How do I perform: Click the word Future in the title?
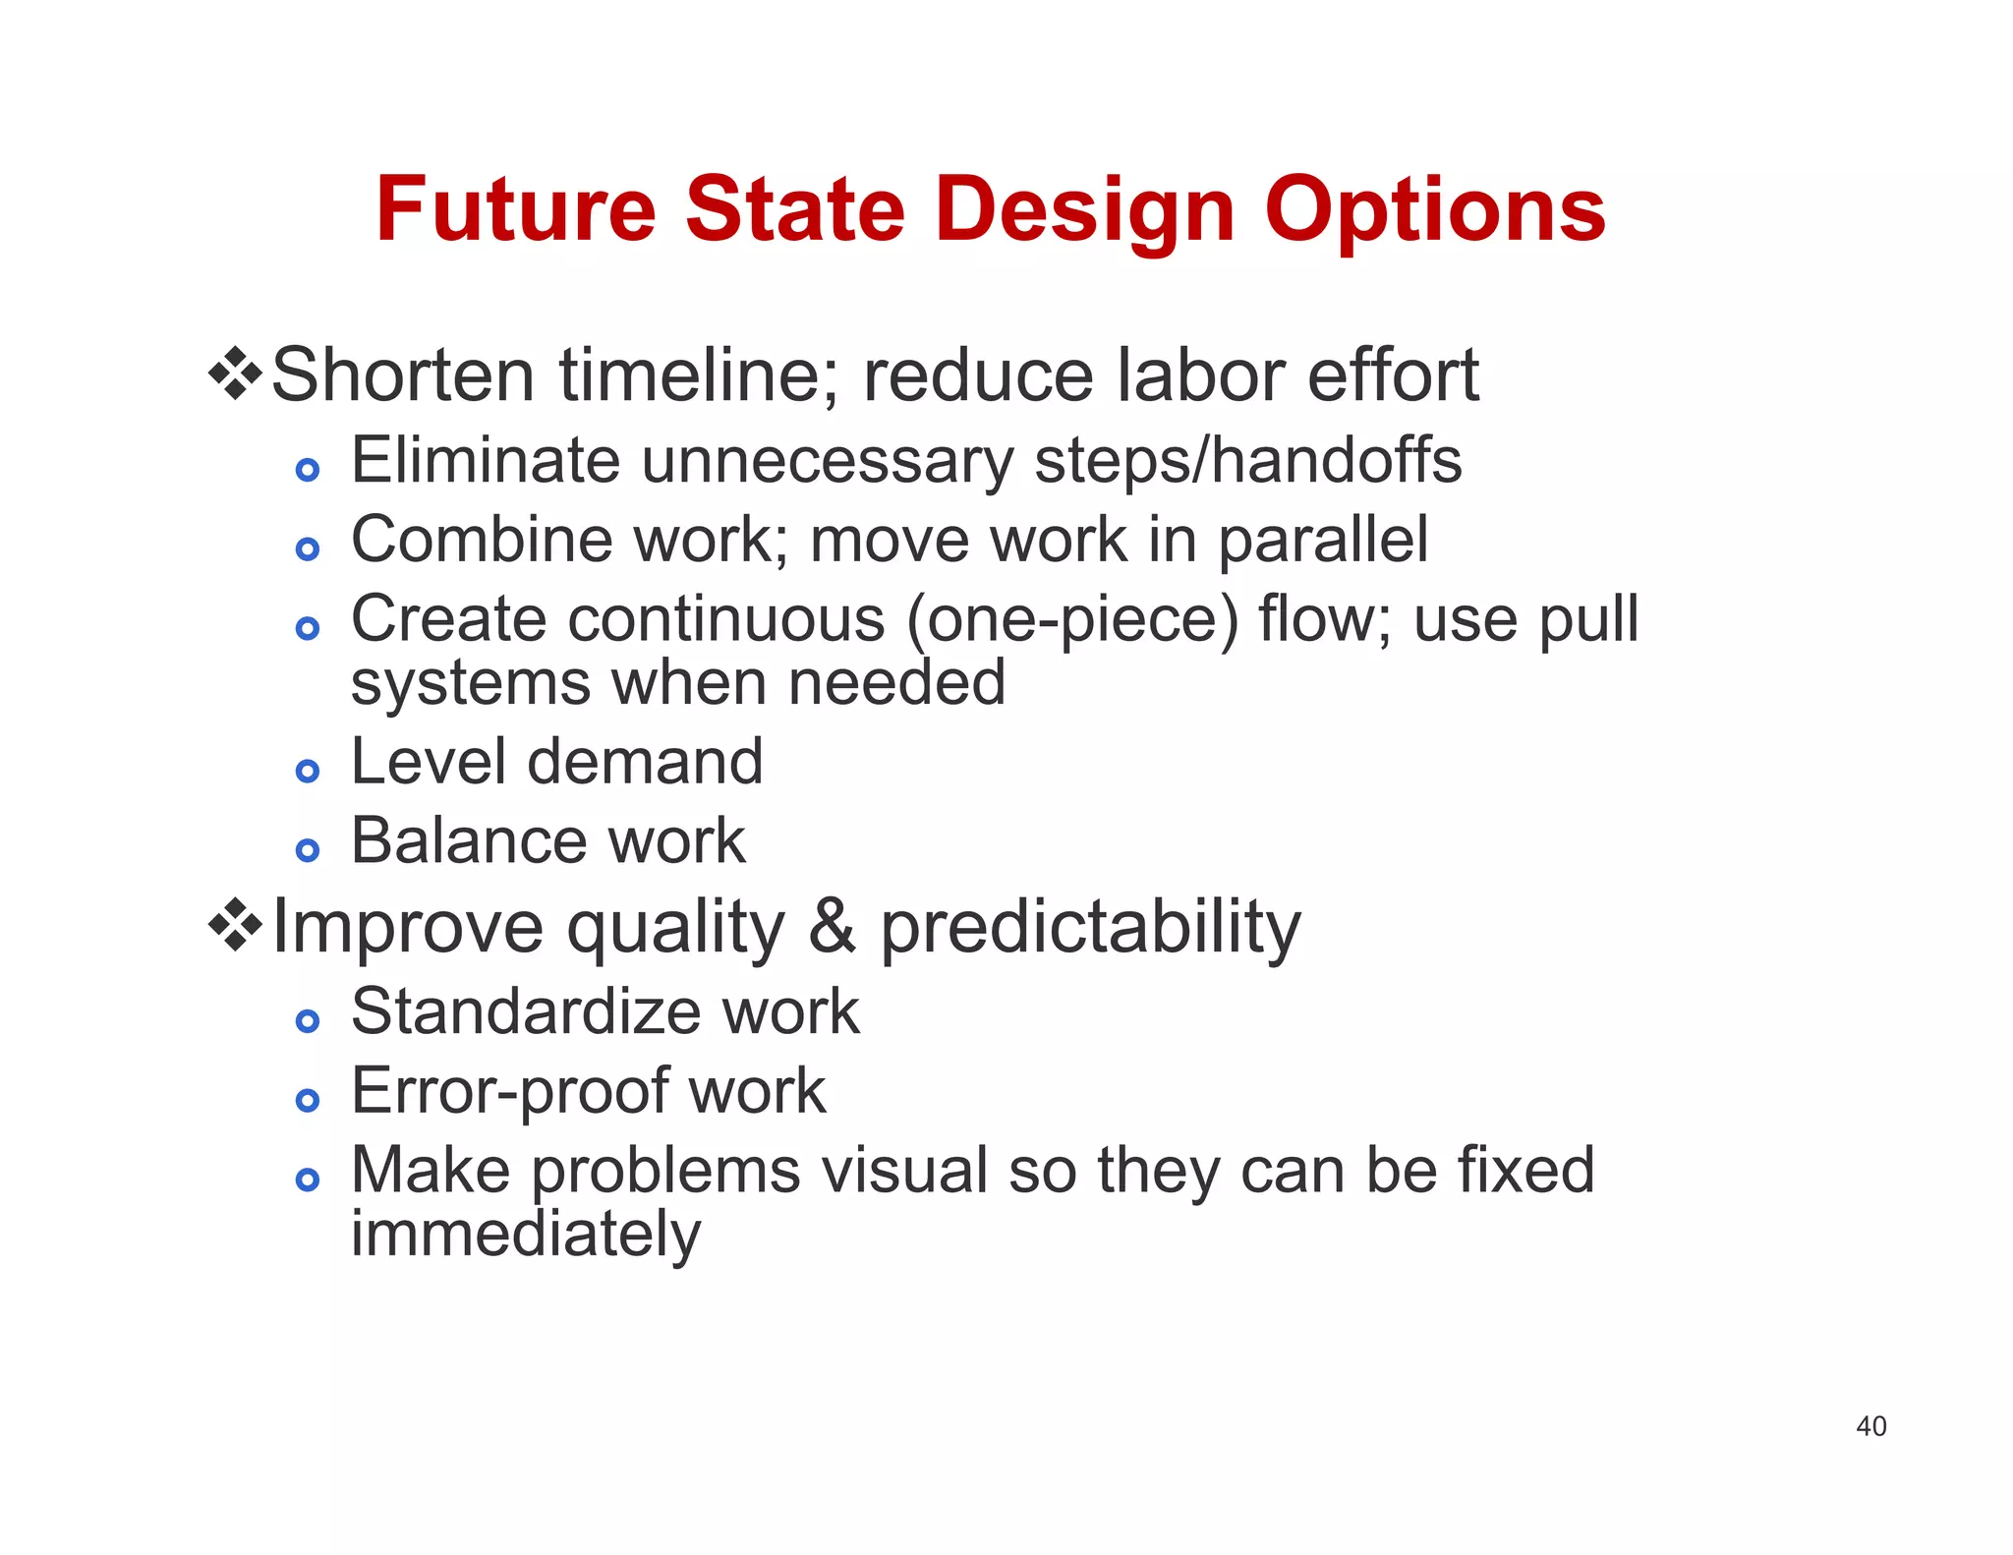pos(515,209)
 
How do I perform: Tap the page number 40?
pos(1870,1426)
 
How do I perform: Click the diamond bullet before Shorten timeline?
pos(236,374)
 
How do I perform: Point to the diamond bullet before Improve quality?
pos(236,925)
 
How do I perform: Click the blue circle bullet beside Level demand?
pos(308,772)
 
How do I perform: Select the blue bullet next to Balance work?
pos(308,850)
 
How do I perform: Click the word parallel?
pos(1323,541)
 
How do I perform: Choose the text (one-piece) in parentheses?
pos(1072,620)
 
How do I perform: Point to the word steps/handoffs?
pos(1248,460)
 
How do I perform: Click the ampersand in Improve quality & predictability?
pos(832,926)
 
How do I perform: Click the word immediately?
pos(526,1235)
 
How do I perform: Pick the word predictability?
pos(1089,928)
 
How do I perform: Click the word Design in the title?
pos(1084,211)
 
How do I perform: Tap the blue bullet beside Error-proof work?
pos(308,1101)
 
